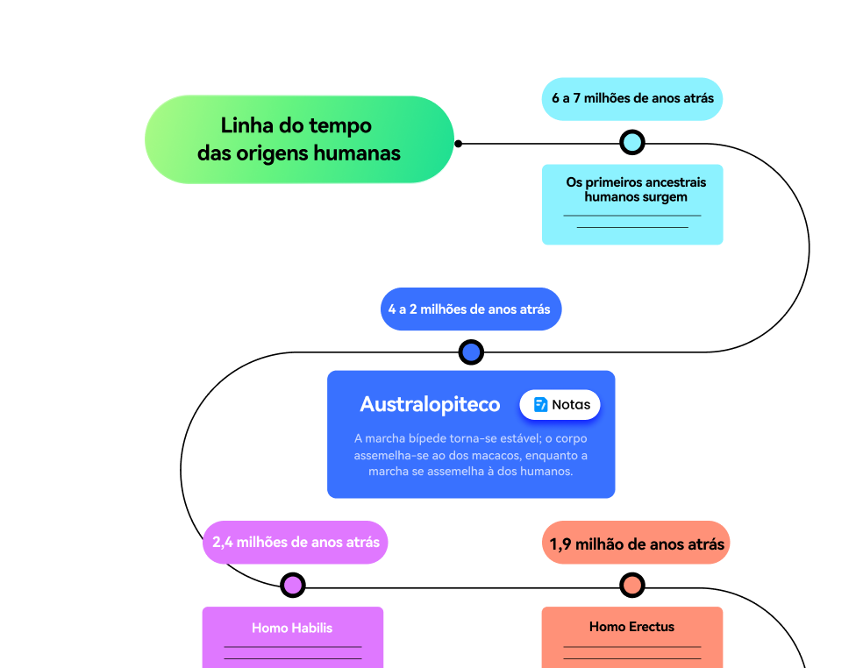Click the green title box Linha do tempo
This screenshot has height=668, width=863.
pyautogui.click(x=298, y=139)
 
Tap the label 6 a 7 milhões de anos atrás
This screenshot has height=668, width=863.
pyautogui.click(x=632, y=98)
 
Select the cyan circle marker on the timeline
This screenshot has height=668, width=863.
pyautogui.click(x=632, y=142)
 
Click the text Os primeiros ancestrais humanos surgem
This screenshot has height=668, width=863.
pyautogui.click(x=636, y=189)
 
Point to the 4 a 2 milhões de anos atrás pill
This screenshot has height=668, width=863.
pyautogui.click(x=470, y=309)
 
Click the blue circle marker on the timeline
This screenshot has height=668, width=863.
pyautogui.click(x=471, y=352)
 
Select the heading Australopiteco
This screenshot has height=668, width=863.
pyautogui.click(x=430, y=404)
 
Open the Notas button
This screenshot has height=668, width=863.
pyautogui.click(x=560, y=405)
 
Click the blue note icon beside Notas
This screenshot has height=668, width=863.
pyautogui.click(x=541, y=405)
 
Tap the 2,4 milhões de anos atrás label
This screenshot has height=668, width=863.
pyautogui.click(x=296, y=542)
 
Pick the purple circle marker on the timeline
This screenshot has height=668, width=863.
pyautogui.click(x=293, y=585)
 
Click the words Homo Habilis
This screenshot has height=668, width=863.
pyautogui.click(x=292, y=628)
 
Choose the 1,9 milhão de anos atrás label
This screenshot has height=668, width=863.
pyautogui.click(x=637, y=544)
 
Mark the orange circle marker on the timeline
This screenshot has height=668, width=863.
pyautogui.click(x=632, y=585)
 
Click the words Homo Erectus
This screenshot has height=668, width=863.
pyautogui.click(x=632, y=627)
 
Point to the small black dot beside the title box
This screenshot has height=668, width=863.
pyautogui.click(x=458, y=143)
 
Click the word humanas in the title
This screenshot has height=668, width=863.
pyautogui.click(x=359, y=153)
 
